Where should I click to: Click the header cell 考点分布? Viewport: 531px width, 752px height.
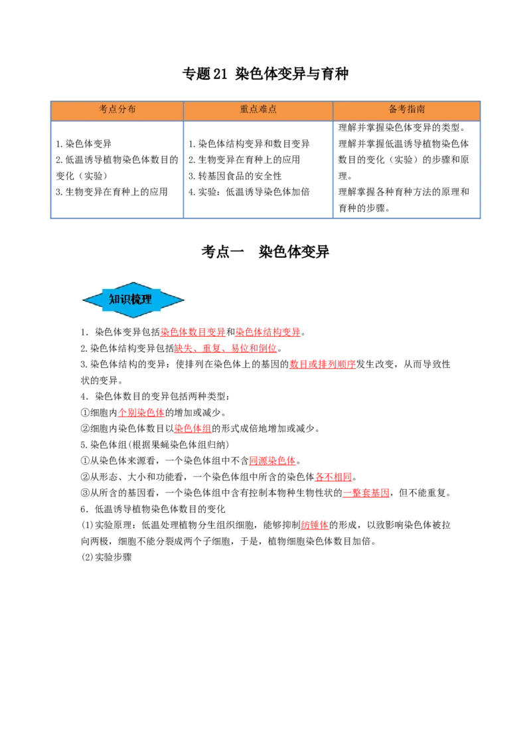[117, 110]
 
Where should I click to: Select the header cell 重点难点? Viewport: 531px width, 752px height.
[258, 110]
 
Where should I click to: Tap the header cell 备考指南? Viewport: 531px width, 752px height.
[406, 110]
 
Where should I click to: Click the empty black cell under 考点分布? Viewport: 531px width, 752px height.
[116, 167]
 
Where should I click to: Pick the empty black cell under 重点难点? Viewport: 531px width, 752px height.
[258, 167]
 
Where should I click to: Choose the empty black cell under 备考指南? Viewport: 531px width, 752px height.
[406, 167]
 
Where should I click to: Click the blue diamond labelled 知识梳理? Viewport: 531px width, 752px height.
[133, 300]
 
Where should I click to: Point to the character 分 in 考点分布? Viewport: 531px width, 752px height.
[122, 110]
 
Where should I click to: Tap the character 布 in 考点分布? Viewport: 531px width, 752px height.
[131, 110]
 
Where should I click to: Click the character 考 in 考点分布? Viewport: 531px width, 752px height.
[104, 110]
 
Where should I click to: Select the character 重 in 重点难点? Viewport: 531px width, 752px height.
[244, 110]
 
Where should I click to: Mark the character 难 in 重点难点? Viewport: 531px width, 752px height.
[263, 110]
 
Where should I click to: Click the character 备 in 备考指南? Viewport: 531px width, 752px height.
[393, 110]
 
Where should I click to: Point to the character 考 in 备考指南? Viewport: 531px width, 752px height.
[402, 110]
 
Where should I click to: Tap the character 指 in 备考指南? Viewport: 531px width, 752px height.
[412, 110]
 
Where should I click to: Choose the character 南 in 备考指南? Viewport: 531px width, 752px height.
[421, 110]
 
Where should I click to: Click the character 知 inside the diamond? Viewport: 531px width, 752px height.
[114, 300]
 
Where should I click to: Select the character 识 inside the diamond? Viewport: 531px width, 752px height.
[125, 300]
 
